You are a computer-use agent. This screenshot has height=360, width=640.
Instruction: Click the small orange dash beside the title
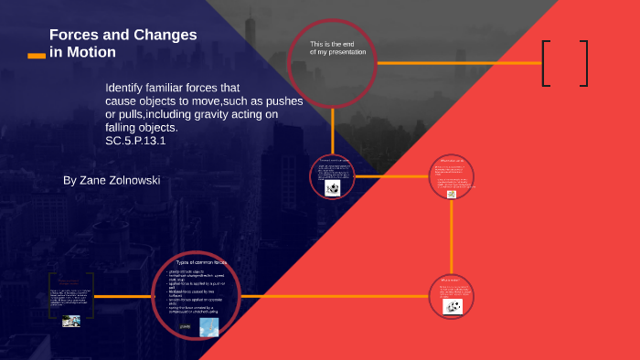[x=37, y=56]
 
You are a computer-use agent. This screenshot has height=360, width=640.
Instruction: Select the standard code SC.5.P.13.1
[x=135, y=140]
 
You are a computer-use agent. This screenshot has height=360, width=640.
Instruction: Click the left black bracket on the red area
[x=546, y=63]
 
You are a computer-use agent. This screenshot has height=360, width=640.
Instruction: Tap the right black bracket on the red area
[x=581, y=63]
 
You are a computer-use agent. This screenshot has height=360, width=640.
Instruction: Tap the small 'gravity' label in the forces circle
[x=185, y=326]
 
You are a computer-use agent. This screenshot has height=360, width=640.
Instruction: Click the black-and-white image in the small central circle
[x=333, y=188]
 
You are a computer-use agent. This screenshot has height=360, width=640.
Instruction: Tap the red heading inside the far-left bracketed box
[x=71, y=282]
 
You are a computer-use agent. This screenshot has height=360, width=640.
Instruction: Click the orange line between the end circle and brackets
[x=457, y=63]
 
